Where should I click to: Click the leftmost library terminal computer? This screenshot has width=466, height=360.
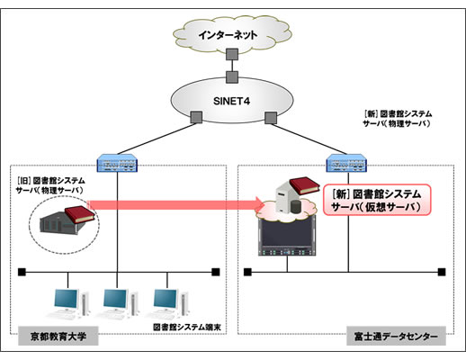pos(68,301)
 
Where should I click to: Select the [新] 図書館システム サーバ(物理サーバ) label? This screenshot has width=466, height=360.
pos(397,120)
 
